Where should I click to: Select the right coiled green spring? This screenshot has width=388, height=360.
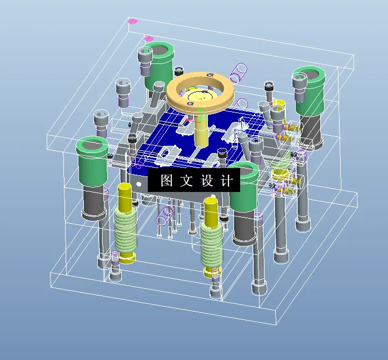pyautogui.click(x=211, y=243)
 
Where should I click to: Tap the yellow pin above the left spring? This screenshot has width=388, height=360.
pyautogui.click(x=125, y=196)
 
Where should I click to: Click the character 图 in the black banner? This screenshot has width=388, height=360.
pyautogui.click(x=166, y=181)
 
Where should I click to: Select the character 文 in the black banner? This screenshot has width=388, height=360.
pyautogui.click(x=186, y=181)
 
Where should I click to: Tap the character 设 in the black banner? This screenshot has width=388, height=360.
pyautogui.click(x=207, y=181)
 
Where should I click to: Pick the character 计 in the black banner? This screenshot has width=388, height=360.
pyautogui.click(x=227, y=181)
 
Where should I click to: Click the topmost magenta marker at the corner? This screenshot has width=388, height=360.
pyautogui.click(x=132, y=22)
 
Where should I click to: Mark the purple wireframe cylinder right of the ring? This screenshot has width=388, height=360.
pyautogui.click(x=240, y=71)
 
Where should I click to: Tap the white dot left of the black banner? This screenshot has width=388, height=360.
pyautogui.click(x=138, y=183)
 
